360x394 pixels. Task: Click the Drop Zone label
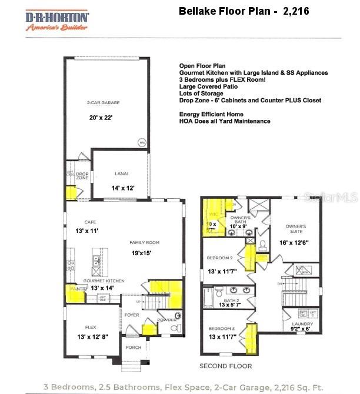click(x=82, y=175)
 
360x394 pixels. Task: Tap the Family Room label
click(x=145, y=242)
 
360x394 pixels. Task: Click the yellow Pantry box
click(x=74, y=292)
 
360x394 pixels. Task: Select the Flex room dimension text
click(x=92, y=336)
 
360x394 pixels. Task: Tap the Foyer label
click(x=132, y=315)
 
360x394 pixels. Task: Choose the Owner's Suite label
click(x=296, y=226)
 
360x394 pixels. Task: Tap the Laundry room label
click(x=302, y=324)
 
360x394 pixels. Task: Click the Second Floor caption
click(x=225, y=366)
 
